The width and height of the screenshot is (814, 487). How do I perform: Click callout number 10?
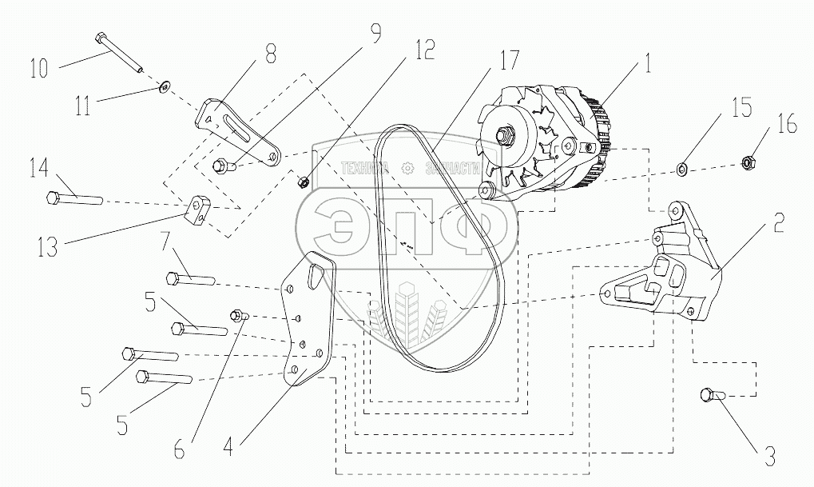click(x=38, y=67)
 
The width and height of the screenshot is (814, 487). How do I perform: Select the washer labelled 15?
click(x=684, y=168)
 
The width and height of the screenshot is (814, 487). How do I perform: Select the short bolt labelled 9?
click(x=222, y=166)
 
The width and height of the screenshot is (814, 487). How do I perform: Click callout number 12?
click(x=424, y=51)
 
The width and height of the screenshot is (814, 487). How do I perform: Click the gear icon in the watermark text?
click(x=407, y=168)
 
